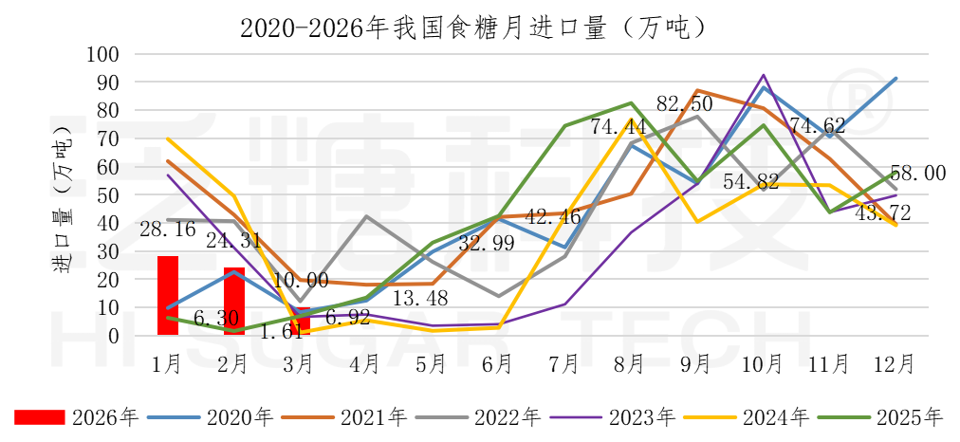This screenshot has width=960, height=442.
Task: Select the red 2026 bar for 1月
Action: coord(168,295)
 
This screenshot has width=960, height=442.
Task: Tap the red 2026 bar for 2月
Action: coord(234,302)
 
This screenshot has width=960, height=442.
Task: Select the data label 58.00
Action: coord(919,173)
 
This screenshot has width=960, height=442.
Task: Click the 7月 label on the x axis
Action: coord(563,363)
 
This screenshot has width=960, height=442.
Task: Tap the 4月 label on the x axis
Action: coord(366,363)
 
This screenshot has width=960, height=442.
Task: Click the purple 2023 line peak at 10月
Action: coord(764,75)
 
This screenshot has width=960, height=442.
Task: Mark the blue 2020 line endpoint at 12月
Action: coord(895,79)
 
